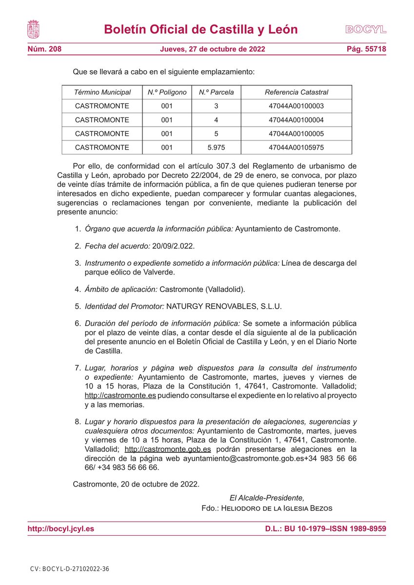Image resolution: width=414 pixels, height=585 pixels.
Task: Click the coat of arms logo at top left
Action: click(x=33, y=29)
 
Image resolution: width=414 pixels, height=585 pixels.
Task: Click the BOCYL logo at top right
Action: click(x=366, y=29)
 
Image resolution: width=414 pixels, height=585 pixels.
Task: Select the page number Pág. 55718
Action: click(x=366, y=49)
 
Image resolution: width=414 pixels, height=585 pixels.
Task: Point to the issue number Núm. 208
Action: click(x=44, y=49)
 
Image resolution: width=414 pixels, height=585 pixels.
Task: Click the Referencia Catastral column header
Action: click(x=296, y=92)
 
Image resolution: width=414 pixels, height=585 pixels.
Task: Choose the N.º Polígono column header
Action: click(x=167, y=92)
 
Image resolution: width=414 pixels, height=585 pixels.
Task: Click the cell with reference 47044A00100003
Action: click(x=296, y=106)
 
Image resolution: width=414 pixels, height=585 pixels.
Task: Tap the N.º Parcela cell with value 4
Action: click(x=216, y=119)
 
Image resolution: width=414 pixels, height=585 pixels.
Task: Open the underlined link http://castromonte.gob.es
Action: click(x=168, y=449)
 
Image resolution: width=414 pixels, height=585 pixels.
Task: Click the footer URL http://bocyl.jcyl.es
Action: click(x=61, y=528)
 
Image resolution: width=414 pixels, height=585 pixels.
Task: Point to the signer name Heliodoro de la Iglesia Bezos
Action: click(x=277, y=508)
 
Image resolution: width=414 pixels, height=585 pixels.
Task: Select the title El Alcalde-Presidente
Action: click(x=267, y=498)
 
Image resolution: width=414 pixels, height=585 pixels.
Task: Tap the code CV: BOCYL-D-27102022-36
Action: click(x=69, y=569)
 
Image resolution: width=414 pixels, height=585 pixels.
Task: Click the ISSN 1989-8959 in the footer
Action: click(x=360, y=528)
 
